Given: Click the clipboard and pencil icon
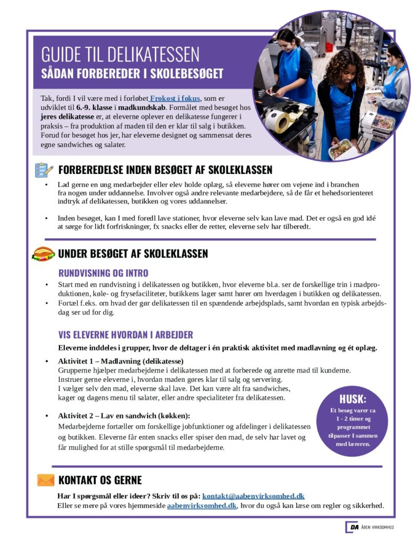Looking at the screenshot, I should point(44,170).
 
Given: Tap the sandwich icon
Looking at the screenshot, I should point(43,254).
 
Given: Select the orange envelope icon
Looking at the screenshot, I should point(46,480).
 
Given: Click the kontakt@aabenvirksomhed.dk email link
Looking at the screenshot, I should point(253,496).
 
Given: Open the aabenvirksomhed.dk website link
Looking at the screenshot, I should point(202,506).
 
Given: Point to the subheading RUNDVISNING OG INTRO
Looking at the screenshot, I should point(103,273).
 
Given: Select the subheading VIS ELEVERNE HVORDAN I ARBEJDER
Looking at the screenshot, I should point(126,335).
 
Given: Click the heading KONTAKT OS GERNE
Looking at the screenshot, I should point(100,480).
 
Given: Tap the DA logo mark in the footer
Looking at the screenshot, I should point(352,527).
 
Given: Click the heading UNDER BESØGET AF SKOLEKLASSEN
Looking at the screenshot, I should point(133,254).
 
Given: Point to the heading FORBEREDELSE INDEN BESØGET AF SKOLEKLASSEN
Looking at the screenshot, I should point(165,170).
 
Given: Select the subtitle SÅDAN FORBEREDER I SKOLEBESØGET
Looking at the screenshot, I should point(132,73).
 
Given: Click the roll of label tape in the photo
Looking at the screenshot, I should point(277,121).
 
